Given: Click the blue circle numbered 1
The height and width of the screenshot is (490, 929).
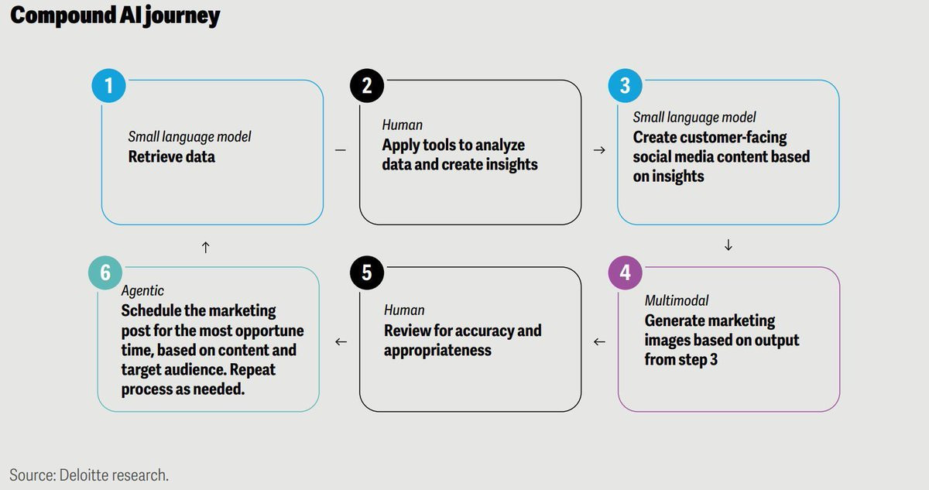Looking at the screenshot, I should click(108, 85).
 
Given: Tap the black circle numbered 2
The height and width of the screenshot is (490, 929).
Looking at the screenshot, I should click(367, 85).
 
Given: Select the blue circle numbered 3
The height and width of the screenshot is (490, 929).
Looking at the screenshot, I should click(625, 85).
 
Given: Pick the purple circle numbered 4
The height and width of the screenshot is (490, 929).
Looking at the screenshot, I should click(625, 273).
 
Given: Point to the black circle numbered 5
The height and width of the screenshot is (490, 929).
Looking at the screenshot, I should click(367, 273).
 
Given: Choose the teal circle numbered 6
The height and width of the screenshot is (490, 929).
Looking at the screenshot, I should click(105, 273).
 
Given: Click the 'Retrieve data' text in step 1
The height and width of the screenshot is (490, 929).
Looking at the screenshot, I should click(172, 156).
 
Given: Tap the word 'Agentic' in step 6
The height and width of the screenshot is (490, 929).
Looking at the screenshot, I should click(142, 291).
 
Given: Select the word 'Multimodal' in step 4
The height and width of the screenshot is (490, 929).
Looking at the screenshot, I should click(677, 300).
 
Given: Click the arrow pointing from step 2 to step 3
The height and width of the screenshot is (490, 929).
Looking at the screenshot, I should click(598, 150).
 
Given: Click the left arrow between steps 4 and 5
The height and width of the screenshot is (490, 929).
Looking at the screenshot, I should click(598, 341).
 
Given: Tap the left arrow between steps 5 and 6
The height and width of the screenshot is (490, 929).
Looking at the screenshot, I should click(341, 341).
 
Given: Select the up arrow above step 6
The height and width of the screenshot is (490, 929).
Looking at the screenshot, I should click(205, 247).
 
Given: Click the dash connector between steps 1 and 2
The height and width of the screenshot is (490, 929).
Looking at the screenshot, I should click(341, 150).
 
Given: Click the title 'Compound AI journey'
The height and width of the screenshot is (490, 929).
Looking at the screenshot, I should click(115, 16).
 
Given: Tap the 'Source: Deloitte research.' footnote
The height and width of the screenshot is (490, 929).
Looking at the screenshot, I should click(89, 475).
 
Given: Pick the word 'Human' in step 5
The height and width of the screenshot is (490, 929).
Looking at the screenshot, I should click(404, 310).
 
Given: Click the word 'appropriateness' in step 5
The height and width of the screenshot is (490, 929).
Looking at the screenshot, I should click(437, 350).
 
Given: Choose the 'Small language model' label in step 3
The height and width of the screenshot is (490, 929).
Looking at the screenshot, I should click(694, 118).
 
